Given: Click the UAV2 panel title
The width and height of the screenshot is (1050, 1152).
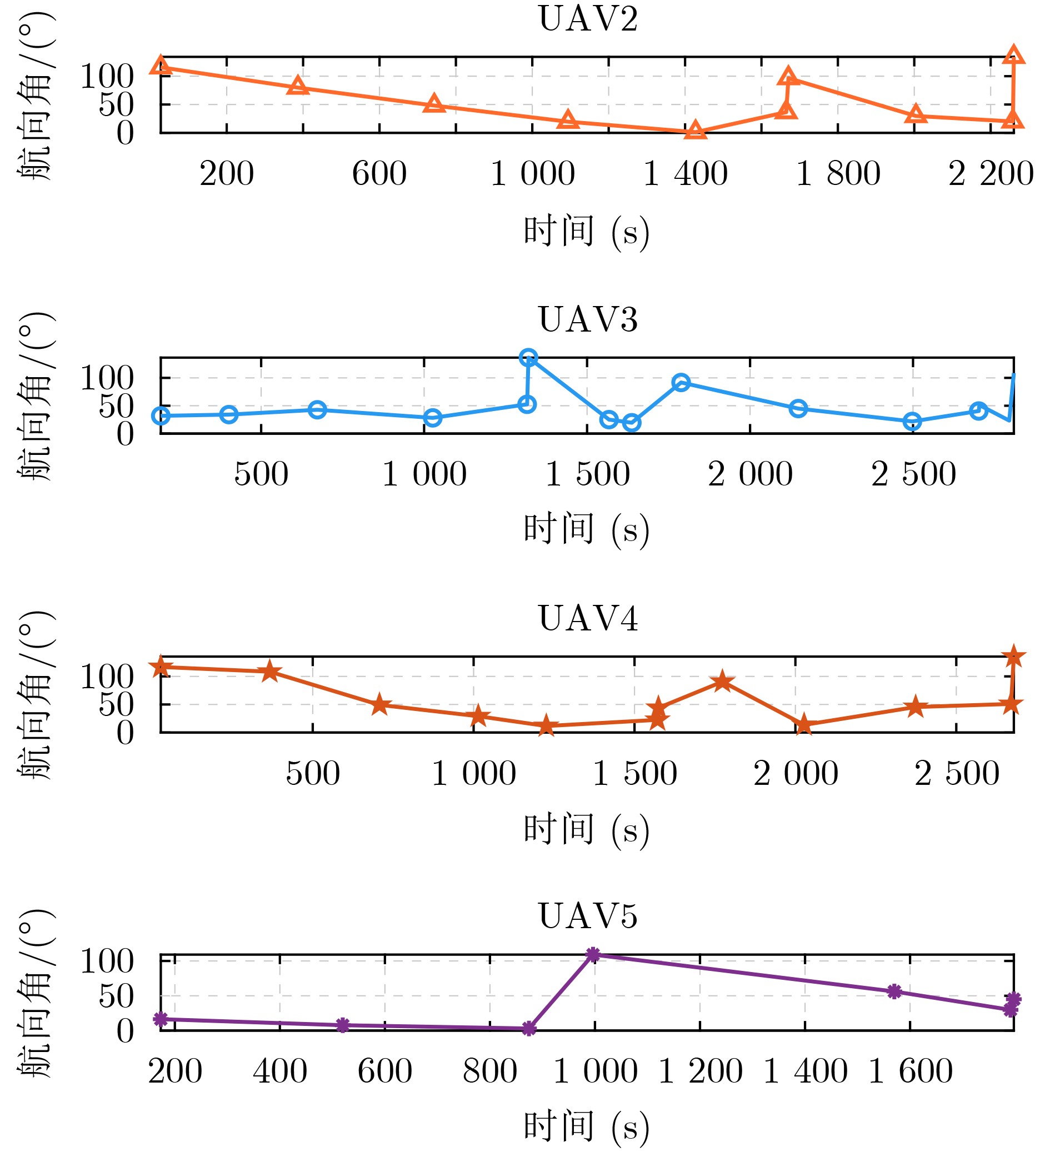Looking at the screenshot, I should coord(588,19).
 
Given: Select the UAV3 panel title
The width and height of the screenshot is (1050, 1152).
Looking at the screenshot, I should coord(588,319).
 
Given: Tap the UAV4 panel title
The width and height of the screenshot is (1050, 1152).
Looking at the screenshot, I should coord(588,619).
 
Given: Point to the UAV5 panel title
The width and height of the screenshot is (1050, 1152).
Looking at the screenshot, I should coord(588,916).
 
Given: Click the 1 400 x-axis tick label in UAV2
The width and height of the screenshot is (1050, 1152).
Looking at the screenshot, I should coord(686,174).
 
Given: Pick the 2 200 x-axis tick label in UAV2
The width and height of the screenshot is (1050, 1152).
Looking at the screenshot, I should coord(991,174).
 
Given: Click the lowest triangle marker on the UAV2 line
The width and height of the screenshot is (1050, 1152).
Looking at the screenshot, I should coord(695,131).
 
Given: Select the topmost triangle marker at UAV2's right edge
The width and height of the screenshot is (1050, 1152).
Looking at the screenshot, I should coord(1013,56).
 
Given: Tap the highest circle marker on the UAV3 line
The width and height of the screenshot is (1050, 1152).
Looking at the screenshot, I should coord(528,358).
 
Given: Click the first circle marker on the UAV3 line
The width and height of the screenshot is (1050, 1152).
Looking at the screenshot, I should coord(161,416).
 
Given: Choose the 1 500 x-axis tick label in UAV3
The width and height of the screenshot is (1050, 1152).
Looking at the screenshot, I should coord(588,474).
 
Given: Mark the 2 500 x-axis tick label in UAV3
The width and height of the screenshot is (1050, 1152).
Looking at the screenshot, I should coord(913,474).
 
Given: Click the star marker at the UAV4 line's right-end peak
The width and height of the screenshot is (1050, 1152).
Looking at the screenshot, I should coord(1013,657).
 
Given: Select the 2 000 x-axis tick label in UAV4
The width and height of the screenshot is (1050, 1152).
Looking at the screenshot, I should coord(796,774).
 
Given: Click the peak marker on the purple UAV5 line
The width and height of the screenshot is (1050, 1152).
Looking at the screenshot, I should coord(593,954).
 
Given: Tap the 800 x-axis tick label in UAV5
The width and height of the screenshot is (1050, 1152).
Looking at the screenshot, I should coord(490,1071).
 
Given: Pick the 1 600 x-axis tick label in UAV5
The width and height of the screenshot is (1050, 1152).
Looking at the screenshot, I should coord(911,1071).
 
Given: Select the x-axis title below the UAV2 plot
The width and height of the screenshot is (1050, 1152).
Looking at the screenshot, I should coord(587,232).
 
